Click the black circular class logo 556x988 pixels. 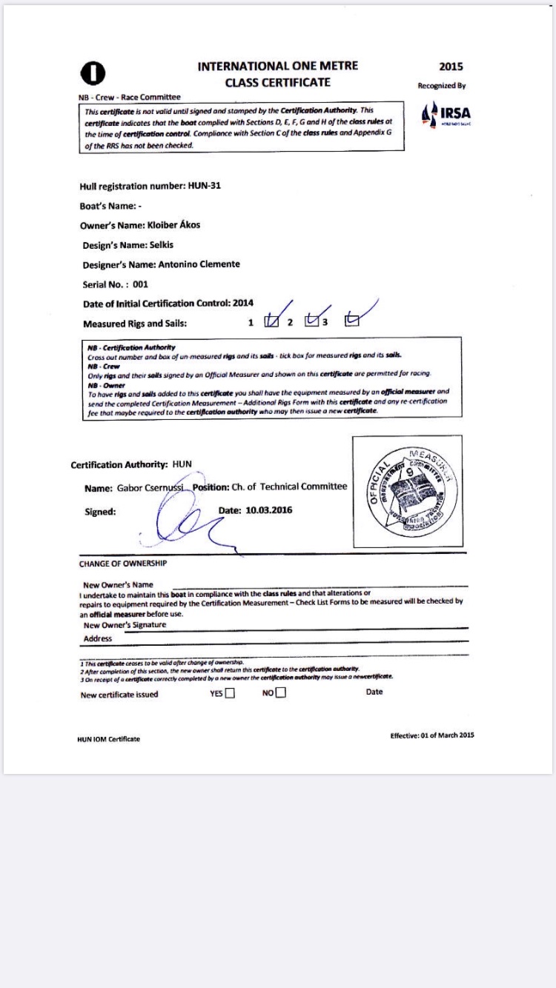[x=93, y=72]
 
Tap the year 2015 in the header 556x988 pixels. [x=451, y=67]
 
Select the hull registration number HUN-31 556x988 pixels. [x=205, y=186]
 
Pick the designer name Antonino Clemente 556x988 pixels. [x=198, y=264]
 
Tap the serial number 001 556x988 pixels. [x=141, y=284]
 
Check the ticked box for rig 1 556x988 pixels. [x=271, y=321]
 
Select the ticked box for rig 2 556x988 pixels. [x=312, y=321]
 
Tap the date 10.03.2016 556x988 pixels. [x=270, y=510]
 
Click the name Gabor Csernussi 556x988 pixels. [x=149, y=487]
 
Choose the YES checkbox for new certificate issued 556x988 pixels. [x=230, y=694]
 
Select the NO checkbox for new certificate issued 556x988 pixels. [x=280, y=694]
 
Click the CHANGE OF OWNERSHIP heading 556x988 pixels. [x=123, y=564]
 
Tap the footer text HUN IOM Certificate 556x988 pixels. [x=108, y=739]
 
